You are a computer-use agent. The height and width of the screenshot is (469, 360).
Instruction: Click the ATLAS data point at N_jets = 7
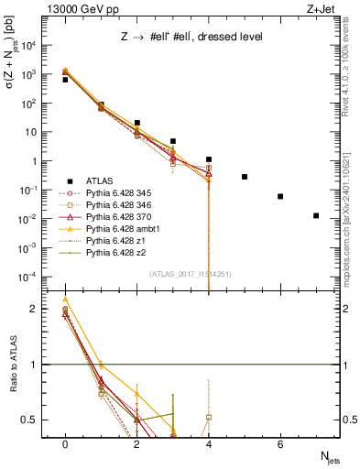coord(316,216)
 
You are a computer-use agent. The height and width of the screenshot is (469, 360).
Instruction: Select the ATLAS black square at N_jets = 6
coord(280,196)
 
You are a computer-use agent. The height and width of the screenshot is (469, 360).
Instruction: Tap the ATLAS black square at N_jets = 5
coord(245,177)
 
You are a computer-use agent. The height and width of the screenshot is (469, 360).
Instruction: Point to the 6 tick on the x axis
coord(280,444)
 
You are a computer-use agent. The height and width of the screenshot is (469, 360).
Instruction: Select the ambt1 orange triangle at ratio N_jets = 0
coord(65,300)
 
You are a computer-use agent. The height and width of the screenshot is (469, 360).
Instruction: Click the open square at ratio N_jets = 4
coord(209,417)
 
